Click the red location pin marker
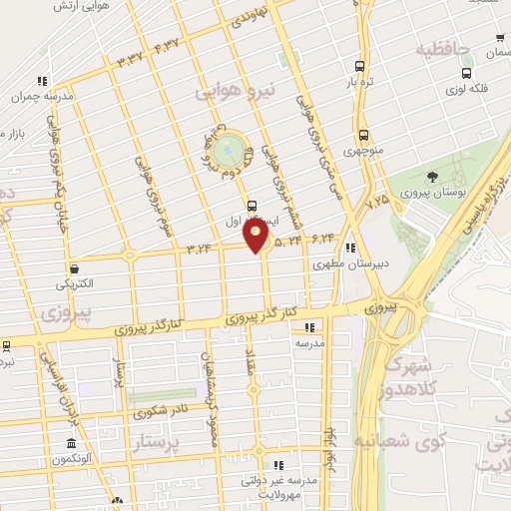point(257,237)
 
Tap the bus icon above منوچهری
point(362,133)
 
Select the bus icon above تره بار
point(357,67)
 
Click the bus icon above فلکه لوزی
point(465,73)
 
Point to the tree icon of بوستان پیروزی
point(432,176)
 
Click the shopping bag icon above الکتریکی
point(75,267)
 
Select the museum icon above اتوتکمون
point(71,444)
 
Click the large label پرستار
point(160,441)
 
